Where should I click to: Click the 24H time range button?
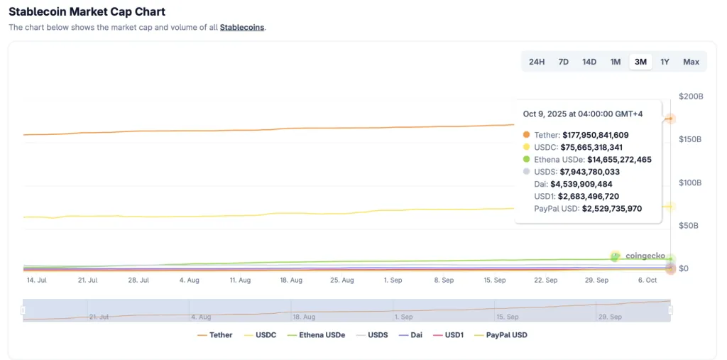[x=537, y=62]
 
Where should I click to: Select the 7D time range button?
[x=563, y=62]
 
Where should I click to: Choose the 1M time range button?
[x=616, y=62]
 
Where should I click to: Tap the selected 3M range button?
[x=640, y=62]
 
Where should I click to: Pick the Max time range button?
[x=691, y=62]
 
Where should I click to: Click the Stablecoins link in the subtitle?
[x=242, y=28]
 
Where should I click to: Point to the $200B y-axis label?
[x=691, y=97]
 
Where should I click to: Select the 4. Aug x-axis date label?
[x=190, y=280]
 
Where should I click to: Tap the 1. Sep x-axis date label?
[x=393, y=280]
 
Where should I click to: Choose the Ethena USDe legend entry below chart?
[x=317, y=334]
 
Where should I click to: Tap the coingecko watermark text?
[x=645, y=256]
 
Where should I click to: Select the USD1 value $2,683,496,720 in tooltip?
[x=589, y=197]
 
